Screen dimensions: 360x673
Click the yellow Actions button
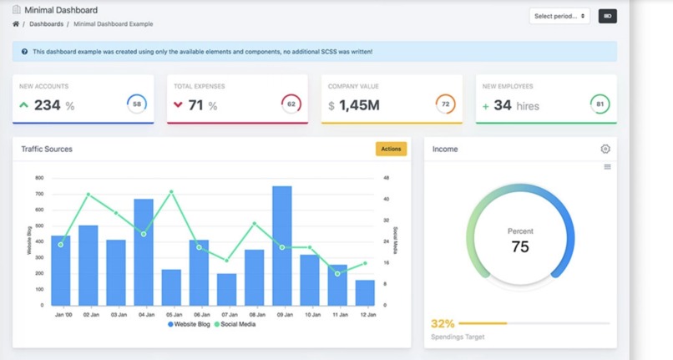(391, 149)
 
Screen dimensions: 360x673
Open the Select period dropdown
(559, 16)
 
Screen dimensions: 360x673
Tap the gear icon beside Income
(605, 149)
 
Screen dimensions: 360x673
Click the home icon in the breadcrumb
(16, 24)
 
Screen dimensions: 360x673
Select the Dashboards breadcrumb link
(46, 24)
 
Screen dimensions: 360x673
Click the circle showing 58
(137, 104)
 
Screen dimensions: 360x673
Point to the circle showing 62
(291, 104)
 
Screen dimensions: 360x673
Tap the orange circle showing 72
(446, 104)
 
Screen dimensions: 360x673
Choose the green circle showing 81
(600, 104)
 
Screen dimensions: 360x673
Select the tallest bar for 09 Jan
(282, 246)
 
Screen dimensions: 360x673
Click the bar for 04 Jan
(144, 252)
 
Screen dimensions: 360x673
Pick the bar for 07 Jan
(226, 289)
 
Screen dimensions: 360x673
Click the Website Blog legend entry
(190, 324)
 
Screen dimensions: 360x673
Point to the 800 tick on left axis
(39, 178)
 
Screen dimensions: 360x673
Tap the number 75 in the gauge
(520, 246)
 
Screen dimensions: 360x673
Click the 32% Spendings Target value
(442, 323)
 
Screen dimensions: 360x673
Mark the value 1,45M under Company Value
(359, 105)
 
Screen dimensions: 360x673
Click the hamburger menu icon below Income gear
(607, 167)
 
